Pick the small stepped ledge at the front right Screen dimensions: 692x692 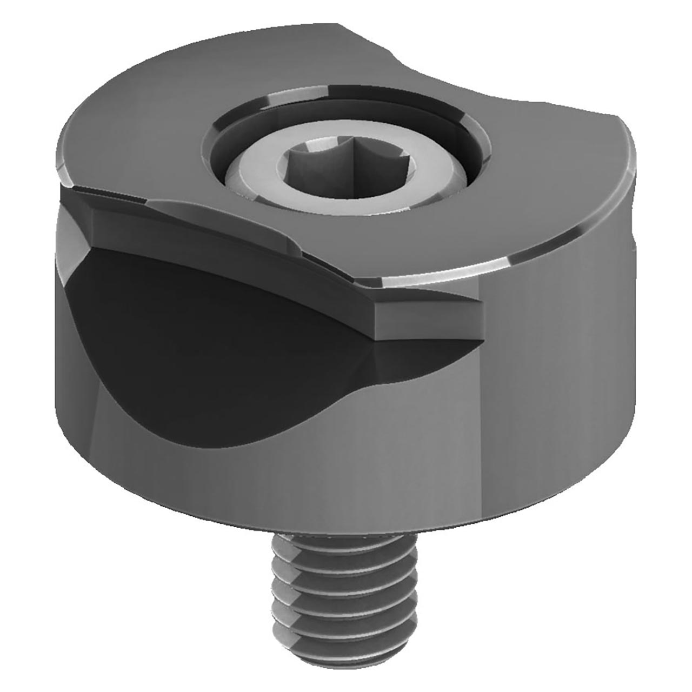(x=427, y=319)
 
